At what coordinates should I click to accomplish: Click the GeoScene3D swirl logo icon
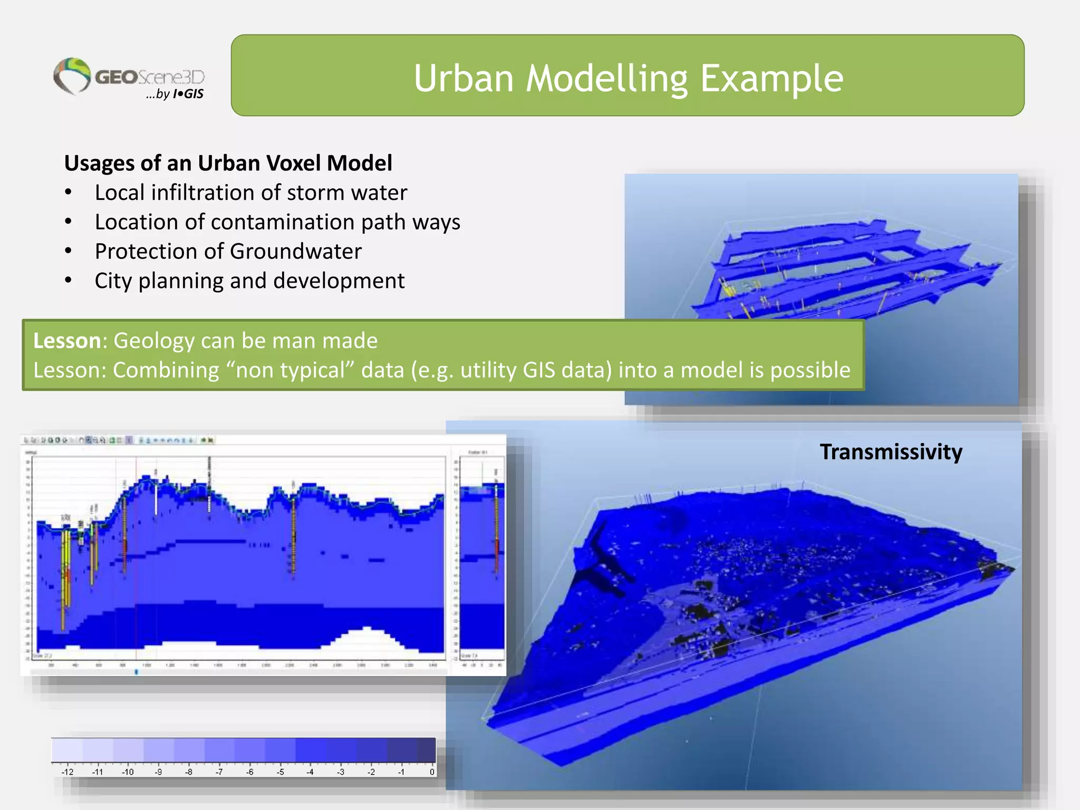pyautogui.click(x=72, y=75)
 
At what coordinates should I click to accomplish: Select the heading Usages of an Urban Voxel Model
pyautogui.click(x=228, y=163)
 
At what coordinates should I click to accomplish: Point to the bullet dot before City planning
pyautogui.click(x=68, y=280)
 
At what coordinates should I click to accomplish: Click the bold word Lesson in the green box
pyautogui.click(x=67, y=341)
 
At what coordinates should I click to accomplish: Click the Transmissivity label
pyautogui.click(x=891, y=452)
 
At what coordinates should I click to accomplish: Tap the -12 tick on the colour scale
pyautogui.click(x=67, y=772)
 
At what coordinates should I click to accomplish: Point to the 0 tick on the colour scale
pyautogui.click(x=431, y=772)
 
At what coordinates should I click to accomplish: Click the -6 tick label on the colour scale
pyautogui.click(x=250, y=772)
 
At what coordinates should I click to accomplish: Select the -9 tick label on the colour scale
pyautogui.click(x=158, y=772)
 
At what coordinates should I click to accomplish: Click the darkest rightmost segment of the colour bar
pyautogui.click(x=426, y=750)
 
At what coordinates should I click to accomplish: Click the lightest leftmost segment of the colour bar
pyautogui.click(x=66, y=750)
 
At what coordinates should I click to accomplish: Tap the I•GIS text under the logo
pyautogui.click(x=188, y=94)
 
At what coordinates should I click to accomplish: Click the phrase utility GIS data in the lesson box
pyautogui.click(x=536, y=370)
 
